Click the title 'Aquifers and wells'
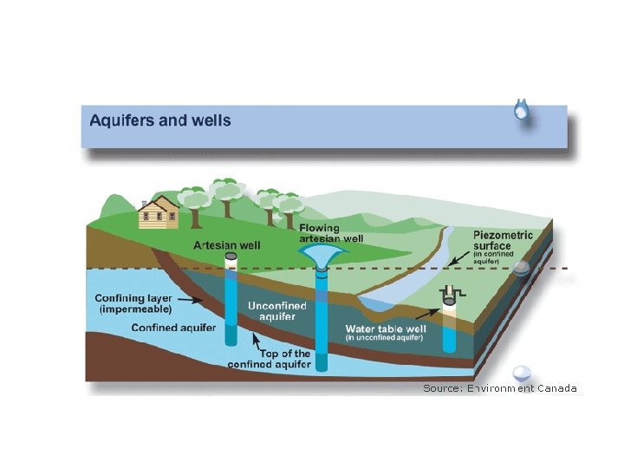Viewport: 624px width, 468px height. (x=160, y=120)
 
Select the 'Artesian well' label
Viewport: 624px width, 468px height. (x=226, y=245)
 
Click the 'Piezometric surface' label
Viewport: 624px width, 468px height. (x=504, y=239)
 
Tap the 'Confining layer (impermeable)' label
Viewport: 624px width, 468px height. (x=133, y=303)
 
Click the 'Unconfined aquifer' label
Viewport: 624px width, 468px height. (x=276, y=311)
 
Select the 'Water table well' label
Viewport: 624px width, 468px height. (x=386, y=330)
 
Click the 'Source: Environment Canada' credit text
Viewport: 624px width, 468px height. (x=499, y=388)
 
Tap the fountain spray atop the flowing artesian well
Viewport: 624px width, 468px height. (x=322, y=253)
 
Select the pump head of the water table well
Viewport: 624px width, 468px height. (x=449, y=296)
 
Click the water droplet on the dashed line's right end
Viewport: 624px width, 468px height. (x=521, y=269)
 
